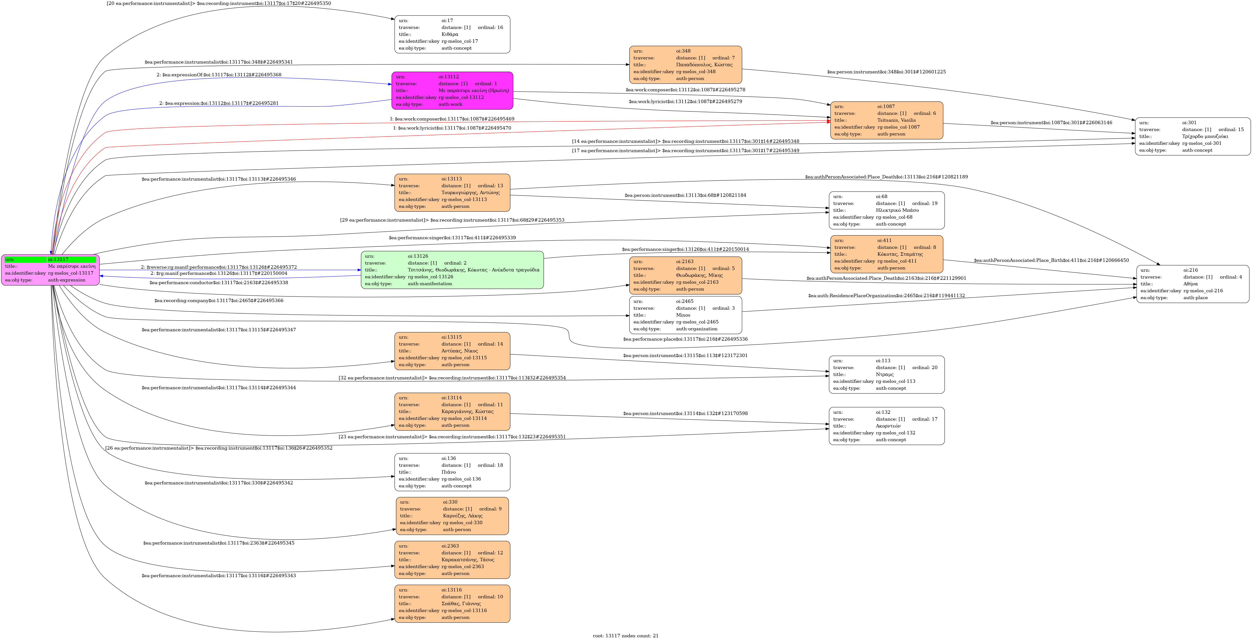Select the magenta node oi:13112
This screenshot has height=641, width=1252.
tap(452, 90)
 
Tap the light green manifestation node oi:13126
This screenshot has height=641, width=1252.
tap(452, 270)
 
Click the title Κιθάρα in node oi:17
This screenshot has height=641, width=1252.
tap(450, 35)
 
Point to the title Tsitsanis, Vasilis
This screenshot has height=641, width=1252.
tap(896, 120)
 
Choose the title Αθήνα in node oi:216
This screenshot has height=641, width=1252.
tap(1190, 284)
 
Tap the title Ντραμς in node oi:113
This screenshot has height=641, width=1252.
tap(885, 374)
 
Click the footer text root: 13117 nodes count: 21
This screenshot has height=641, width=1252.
tap(626, 636)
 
